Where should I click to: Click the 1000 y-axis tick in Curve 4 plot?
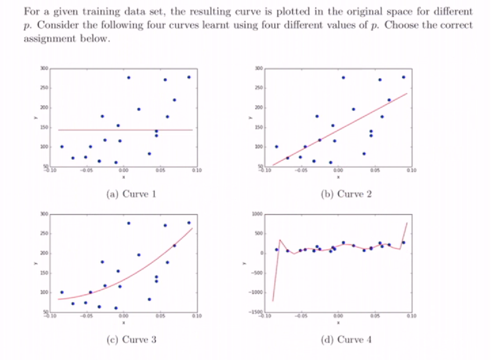pos(257,214)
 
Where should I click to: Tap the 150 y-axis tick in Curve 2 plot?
pos(258,128)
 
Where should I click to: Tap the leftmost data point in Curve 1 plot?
pos(62,147)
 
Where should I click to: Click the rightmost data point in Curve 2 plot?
pos(404,77)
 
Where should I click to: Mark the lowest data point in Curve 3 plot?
pos(116,308)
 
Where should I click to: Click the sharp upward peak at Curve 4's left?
pos(280,240)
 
